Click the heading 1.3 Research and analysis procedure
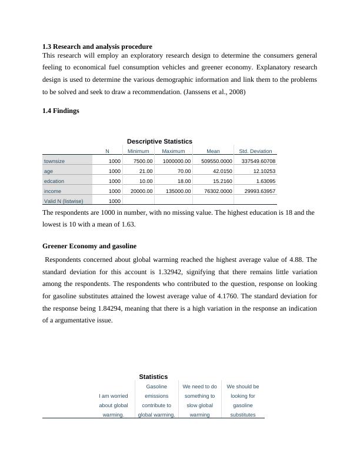(97, 46)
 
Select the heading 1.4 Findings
(61, 111)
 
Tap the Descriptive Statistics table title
(159, 141)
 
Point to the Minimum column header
(138, 151)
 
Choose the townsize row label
(55, 161)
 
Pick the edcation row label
(55, 181)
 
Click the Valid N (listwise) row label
(65, 201)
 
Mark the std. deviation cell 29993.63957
(256, 191)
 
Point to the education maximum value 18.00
(183, 181)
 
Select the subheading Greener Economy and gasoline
(89, 246)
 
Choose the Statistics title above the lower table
(154, 377)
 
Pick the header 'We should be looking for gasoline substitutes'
(243, 401)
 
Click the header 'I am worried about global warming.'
(114, 405)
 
